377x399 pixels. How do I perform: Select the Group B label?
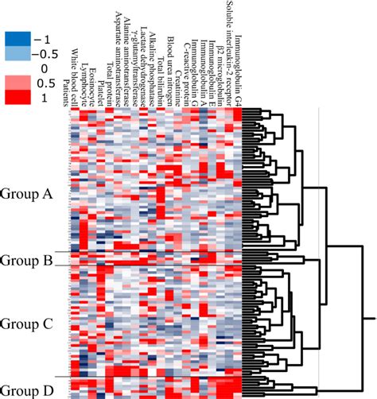point(26,260)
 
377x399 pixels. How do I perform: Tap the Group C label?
point(26,323)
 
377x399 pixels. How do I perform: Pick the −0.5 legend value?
point(46,54)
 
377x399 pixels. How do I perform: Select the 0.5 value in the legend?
point(44,83)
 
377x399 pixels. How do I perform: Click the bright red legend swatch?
point(17,97)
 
